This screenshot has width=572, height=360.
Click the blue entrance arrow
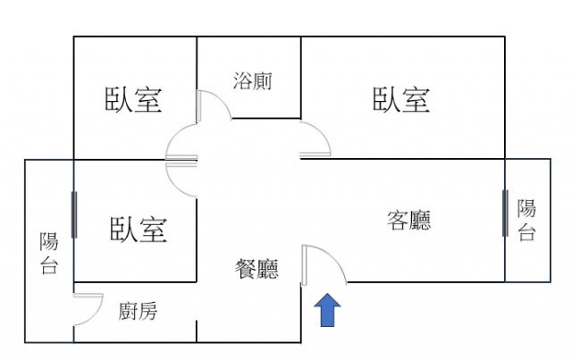pos(327,310)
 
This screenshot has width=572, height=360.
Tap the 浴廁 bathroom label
pos(252,80)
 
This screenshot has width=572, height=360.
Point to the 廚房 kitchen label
pos(138,312)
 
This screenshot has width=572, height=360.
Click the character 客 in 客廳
pos(398,220)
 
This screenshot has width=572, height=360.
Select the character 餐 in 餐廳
pos(246,269)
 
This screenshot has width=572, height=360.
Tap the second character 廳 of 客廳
pos(420,220)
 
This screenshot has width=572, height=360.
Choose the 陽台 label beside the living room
pos(526,220)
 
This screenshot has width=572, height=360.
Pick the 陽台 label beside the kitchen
pos(49,253)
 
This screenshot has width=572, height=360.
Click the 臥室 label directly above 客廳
pos(401,99)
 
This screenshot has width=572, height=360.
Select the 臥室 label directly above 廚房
pos(139,230)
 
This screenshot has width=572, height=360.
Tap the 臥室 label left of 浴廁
pos(133,99)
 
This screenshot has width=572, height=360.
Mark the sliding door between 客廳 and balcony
pos(505,213)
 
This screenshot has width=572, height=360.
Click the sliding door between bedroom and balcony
pos(74,214)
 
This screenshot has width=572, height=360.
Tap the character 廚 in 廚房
pos(128,312)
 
